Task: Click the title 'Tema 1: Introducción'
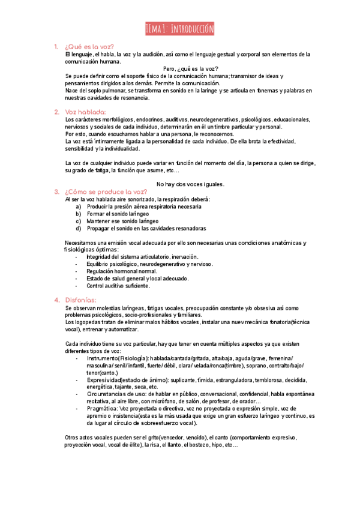[180, 29]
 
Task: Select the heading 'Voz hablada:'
[85, 112]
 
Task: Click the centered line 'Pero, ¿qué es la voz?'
[191, 68]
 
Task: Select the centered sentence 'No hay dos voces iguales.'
[190, 184]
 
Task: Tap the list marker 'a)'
[79, 206]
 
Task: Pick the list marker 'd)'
[79, 228]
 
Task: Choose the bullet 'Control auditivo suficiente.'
[123, 286]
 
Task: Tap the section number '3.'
[56, 191]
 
